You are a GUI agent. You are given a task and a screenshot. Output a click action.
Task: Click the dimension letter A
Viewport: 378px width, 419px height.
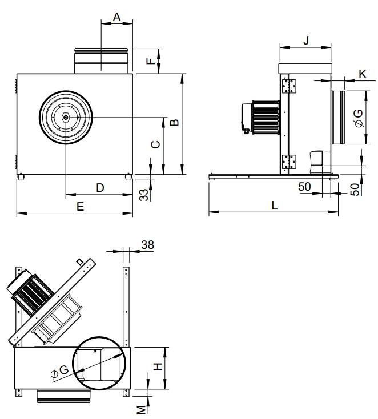pyautogui.click(x=117, y=17)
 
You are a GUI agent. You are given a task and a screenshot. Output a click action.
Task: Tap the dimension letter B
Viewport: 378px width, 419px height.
pyautogui.click(x=175, y=122)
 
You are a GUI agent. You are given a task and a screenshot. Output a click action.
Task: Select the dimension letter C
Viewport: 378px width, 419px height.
pyautogui.click(x=155, y=144)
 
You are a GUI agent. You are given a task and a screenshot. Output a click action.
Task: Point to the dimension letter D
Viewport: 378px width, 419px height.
pyautogui.click(x=100, y=188)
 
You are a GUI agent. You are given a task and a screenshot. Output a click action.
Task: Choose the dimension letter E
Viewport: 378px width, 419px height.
pyautogui.click(x=80, y=207)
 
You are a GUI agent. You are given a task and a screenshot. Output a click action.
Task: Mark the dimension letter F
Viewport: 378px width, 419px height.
pyautogui.click(x=151, y=61)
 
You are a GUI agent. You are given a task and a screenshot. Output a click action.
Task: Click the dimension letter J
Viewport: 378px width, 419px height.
pyautogui.click(x=307, y=40)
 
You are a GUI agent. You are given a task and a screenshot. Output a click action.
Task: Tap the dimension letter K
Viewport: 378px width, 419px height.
pyautogui.click(x=363, y=74)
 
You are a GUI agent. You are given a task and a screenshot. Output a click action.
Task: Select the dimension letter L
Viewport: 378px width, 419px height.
pyautogui.click(x=275, y=206)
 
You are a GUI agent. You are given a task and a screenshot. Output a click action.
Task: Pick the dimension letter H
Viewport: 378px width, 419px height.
pyautogui.click(x=158, y=366)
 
